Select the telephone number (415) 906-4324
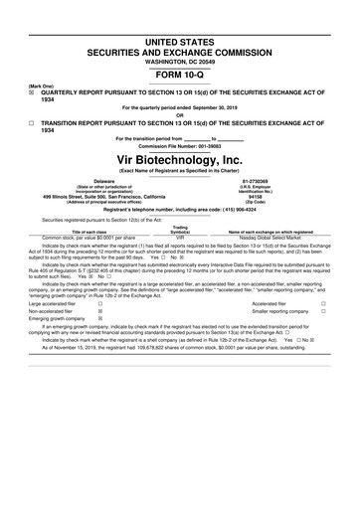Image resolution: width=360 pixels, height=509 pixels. coord(248,209)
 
